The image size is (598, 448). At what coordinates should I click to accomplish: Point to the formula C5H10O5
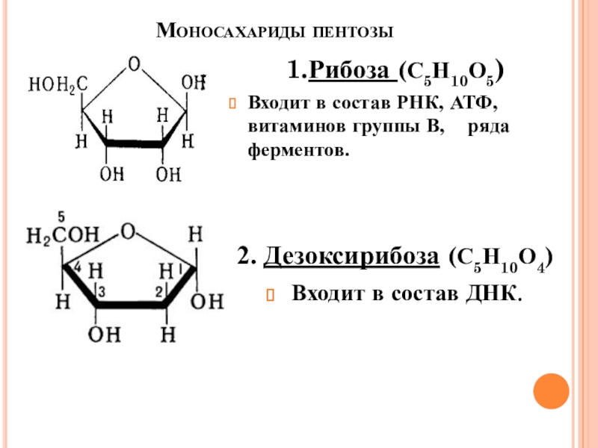click(x=451, y=74)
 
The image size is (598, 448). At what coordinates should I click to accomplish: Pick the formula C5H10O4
click(x=501, y=260)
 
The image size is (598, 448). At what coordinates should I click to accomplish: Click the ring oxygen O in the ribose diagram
click(x=133, y=64)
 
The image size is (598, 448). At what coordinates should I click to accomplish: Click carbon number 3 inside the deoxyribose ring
click(x=103, y=290)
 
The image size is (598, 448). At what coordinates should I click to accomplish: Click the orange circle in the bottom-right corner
click(x=551, y=391)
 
